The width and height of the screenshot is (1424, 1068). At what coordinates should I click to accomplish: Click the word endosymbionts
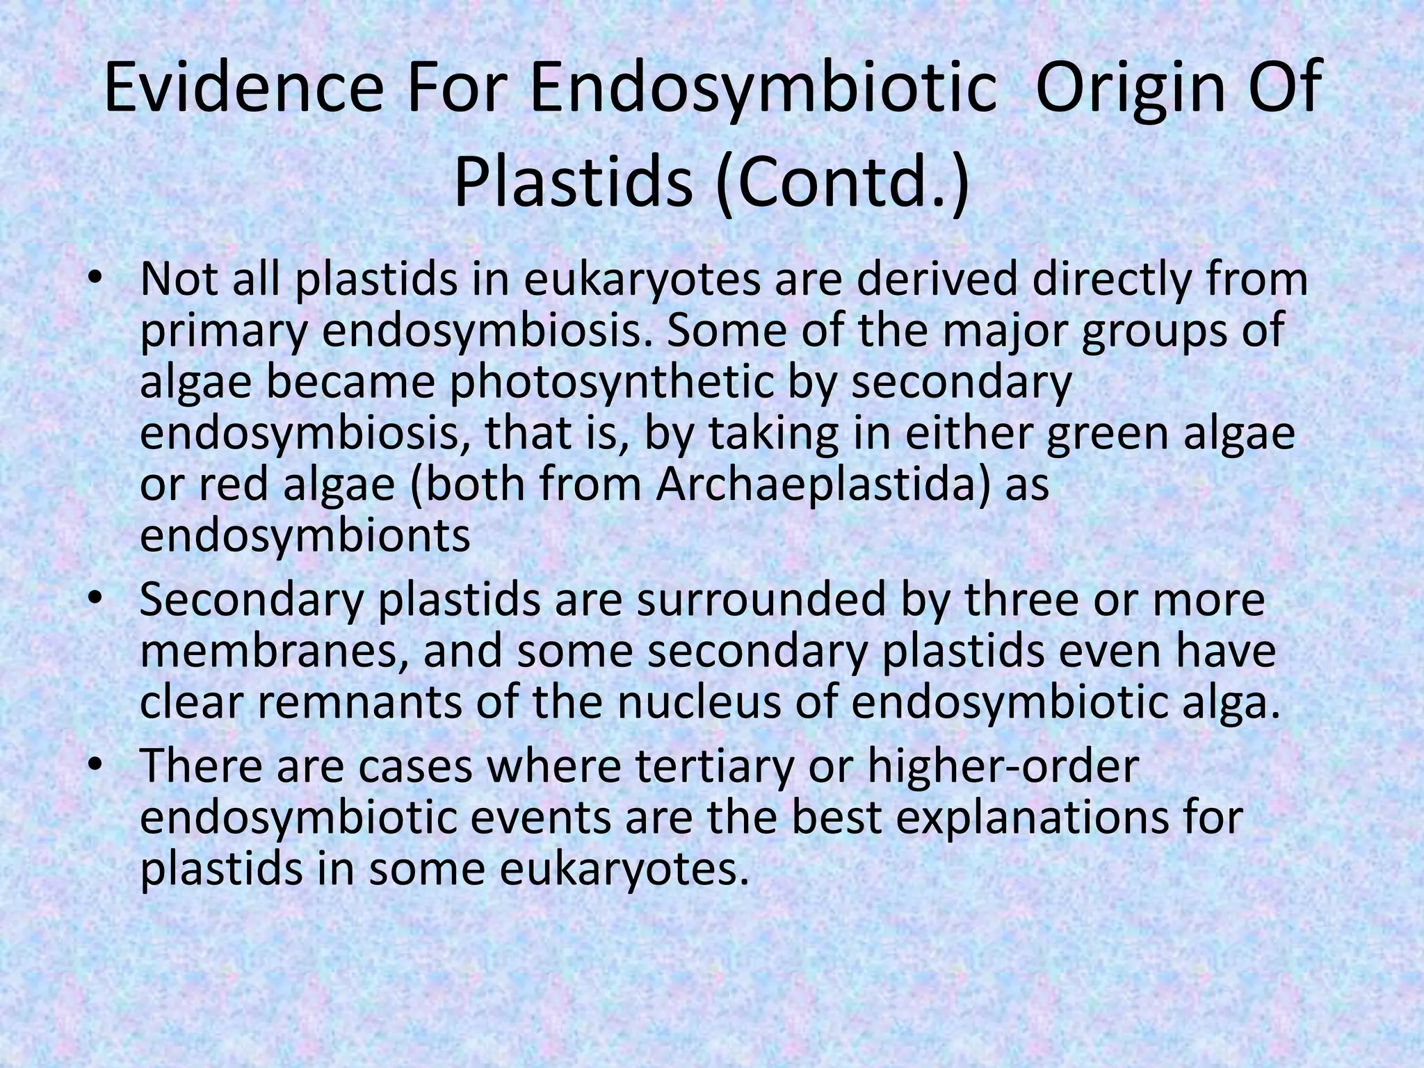tap(305, 535)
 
